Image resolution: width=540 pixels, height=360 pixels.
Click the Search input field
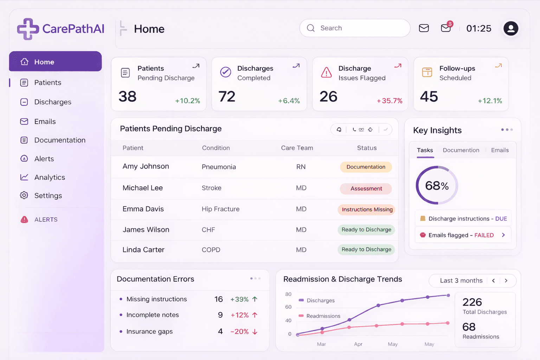tap(355, 28)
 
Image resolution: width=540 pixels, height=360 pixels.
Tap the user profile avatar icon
tap(511, 28)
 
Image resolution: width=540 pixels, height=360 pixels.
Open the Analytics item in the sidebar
tap(50, 178)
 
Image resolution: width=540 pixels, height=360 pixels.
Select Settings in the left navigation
tap(48, 196)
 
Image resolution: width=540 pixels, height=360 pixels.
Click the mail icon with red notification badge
tap(446, 28)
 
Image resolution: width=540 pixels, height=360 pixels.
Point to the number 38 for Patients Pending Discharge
tap(127, 97)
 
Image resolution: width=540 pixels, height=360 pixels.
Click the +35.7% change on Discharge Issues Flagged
tap(390, 101)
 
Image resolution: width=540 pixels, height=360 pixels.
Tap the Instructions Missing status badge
tap(367, 210)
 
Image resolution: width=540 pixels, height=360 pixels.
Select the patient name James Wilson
tap(146, 230)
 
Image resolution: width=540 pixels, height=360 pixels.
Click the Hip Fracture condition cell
tap(220, 209)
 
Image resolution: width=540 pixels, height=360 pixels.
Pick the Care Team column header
tap(297, 148)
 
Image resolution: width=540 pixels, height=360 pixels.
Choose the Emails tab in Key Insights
tap(500, 150)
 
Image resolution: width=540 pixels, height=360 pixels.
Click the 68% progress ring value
tap(437, 186)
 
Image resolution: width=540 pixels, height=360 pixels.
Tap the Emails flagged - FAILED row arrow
tap(503, 235)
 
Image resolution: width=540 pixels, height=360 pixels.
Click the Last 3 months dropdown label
tap(461, 281)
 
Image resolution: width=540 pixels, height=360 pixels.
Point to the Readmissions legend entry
tap(323, 316)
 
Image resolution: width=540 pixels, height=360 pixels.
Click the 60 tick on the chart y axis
tap(288, 307)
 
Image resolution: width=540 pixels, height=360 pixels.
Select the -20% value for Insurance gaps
tap(239, 332)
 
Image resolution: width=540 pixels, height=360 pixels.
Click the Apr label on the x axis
tap(358, 344)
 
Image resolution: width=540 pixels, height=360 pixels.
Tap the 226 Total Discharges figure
tap(472, 302)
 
